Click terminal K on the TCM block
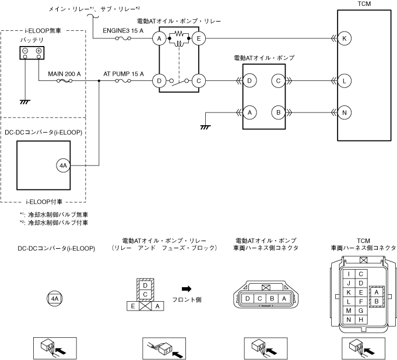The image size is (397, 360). click(x=345, y=39)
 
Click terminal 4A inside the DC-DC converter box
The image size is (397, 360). click(x=64, y=166)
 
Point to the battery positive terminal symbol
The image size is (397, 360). click(x=38, y=52)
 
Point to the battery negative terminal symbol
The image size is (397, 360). click(x=26, y=52)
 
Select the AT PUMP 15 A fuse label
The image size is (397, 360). click(x=124, y=74)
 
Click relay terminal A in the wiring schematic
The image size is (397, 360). click(x=158, y=39)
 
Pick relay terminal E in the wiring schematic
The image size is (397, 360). click(x=199, y=39)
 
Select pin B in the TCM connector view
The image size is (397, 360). click(x=376, y=301)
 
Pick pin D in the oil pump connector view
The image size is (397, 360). click(x=248, y=299)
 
